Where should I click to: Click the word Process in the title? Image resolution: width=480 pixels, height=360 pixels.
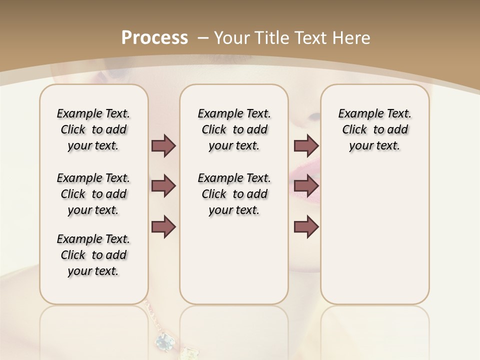coord(154,38)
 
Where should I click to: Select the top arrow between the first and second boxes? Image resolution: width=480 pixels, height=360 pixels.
coord(163,146)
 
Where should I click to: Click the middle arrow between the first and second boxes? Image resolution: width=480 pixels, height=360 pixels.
coord(163,186)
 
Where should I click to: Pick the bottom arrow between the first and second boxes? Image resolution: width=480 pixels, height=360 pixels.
coord(163,227)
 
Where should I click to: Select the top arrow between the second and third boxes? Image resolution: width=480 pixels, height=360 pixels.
coord(306,146)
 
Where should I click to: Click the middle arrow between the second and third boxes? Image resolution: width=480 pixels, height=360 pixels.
coord(306,186)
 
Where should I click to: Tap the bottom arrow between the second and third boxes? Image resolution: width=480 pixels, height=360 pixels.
coord(306,227)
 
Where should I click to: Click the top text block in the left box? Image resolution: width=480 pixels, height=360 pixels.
coord(93,130)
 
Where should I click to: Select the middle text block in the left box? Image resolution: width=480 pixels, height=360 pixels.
coord(93,194)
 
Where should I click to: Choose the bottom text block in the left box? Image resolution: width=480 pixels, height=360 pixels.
coord(93,255)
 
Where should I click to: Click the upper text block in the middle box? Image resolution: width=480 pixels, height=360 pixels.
coord(234,130)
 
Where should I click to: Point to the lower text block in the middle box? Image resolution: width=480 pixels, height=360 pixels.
coord(234,194)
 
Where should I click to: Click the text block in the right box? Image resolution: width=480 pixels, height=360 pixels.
coord(374,130)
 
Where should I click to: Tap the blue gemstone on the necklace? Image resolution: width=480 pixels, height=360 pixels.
coord(163,341)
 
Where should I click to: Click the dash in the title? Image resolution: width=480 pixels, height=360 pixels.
coord(203,38)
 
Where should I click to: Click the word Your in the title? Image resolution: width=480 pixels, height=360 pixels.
coord(232,38)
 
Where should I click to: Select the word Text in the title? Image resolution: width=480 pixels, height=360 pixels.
coord(313,38)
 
